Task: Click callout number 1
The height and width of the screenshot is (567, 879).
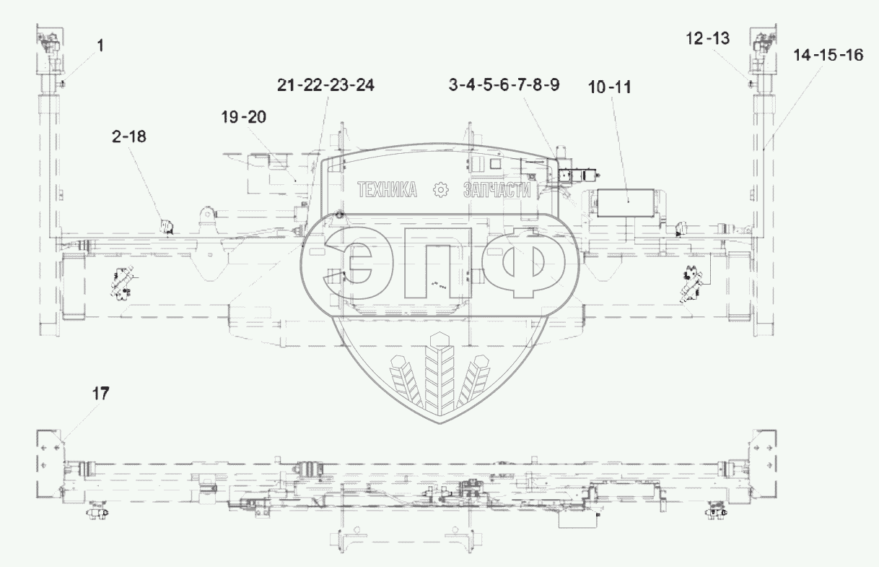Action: point(100,46)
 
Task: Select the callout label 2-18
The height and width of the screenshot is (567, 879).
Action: point(129,137)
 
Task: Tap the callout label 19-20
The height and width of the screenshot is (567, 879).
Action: point(244,117)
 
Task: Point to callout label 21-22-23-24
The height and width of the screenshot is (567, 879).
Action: point(325,85)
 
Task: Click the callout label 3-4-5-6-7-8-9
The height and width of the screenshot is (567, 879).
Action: point(504,85)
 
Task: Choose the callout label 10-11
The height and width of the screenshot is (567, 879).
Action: point(609,87)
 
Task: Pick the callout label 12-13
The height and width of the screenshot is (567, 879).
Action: point(707,38)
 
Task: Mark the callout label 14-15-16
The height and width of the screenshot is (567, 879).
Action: point(828,55)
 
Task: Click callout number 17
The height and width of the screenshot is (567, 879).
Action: point(101,393)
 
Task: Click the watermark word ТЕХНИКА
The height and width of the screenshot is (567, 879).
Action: point(387,190)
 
